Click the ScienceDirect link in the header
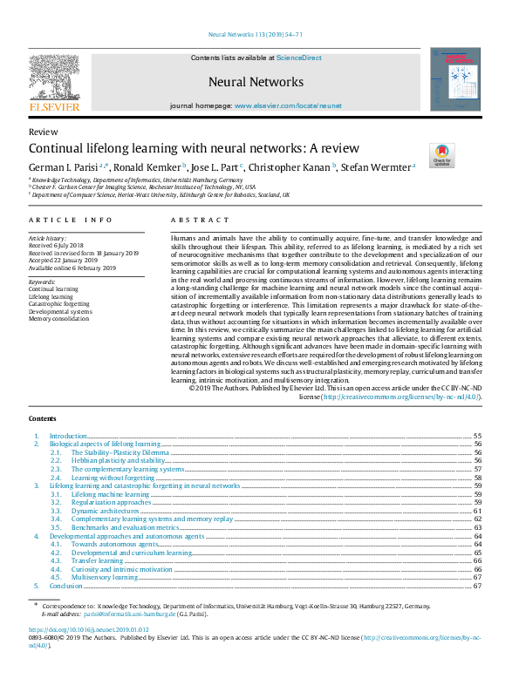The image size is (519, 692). [298, 58]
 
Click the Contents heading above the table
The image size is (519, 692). [43, 418]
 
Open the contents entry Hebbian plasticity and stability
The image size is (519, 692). [117, 461]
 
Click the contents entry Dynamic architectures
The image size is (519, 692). [103, 511]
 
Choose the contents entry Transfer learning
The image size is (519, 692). [97, 560]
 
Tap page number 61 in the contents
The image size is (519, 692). [477, 511]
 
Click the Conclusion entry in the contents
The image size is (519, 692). [66, 586]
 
